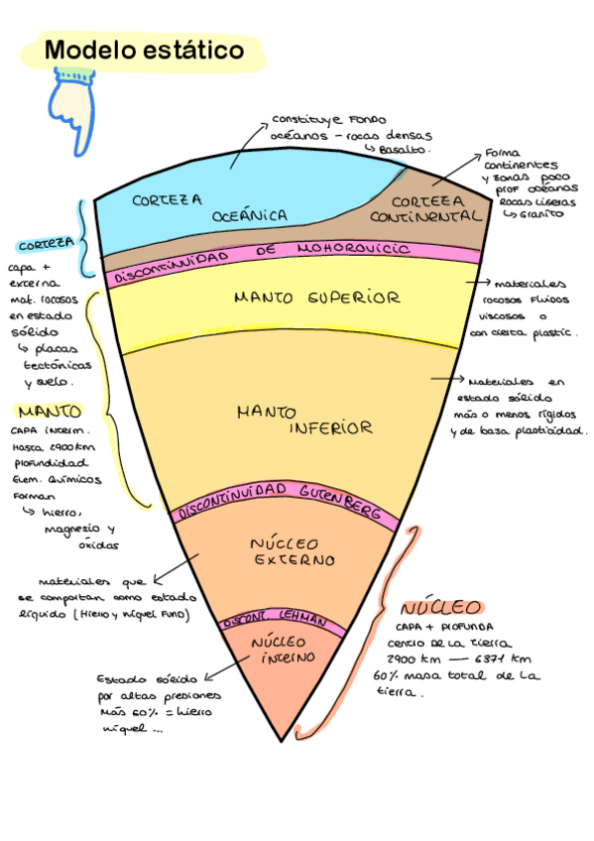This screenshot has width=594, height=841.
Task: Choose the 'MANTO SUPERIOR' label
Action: tap(302, 298)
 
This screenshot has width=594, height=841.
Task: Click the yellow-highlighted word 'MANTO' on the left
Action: tap(49, 411)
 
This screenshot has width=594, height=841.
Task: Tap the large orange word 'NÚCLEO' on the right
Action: tap(440, 608)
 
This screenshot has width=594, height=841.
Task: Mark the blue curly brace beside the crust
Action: tap(87, 238)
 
